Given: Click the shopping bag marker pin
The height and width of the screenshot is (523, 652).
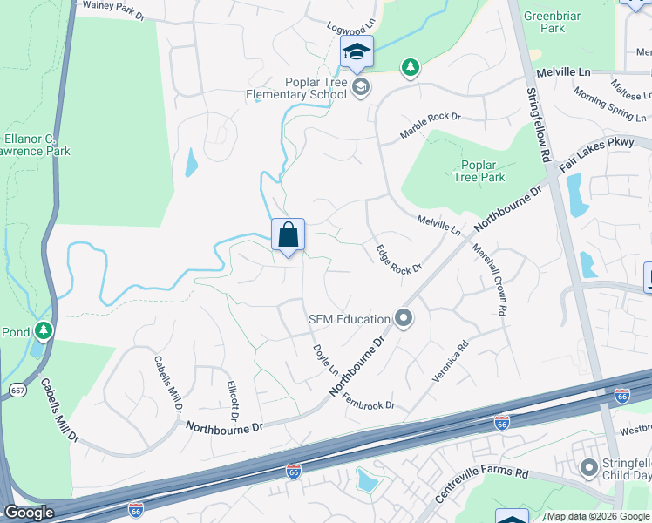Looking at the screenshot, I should [x=288, y=235].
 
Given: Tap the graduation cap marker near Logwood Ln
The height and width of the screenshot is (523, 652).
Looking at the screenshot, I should [x=357, y=53].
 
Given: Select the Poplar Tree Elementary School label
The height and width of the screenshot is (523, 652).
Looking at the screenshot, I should [x=290, y=88].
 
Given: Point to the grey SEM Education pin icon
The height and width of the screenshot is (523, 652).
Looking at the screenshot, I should [x=403, y=318].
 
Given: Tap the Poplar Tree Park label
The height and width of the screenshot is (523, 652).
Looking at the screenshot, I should [x=479, y=171].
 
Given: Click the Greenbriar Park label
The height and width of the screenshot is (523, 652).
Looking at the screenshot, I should [x=546, y=22].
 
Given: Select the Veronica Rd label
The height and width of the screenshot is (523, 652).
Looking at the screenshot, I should [x=451, y=361].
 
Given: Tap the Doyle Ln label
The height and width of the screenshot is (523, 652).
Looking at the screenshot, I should [x=325, y=359].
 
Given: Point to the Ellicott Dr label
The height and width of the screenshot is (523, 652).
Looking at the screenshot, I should [x=233, y=397].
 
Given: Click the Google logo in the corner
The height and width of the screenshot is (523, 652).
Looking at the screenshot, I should [x=29, y=513].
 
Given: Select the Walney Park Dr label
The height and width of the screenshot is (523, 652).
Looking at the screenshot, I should [x=113, y=10].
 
